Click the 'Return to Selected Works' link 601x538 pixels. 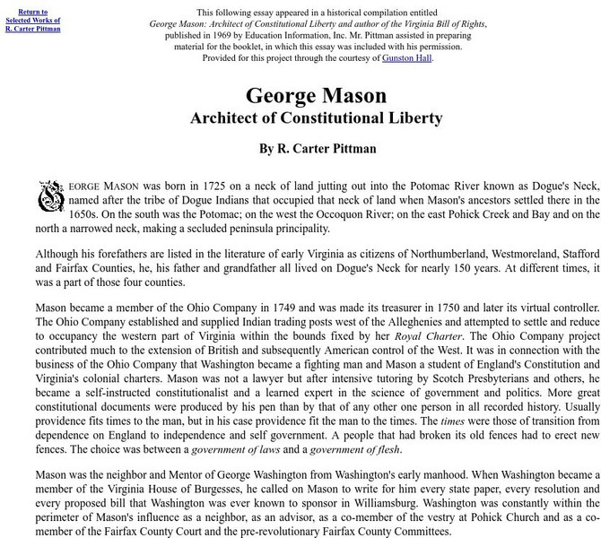[33, 20]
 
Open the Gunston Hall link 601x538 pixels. [406, 58]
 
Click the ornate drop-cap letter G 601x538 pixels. [48, 196]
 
